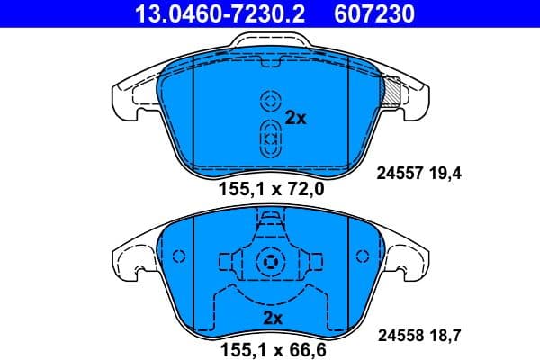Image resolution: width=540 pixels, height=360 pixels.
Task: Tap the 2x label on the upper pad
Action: click(x=296, y=117)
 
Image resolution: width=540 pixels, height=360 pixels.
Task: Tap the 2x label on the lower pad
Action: click(x=273, y=318)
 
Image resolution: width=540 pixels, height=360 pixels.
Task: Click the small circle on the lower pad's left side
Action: click(x=178, y=256)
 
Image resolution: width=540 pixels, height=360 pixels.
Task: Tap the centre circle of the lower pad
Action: click(x=270, y=262)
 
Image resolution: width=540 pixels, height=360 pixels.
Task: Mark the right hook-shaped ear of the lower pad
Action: click(x=407, y=261)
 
